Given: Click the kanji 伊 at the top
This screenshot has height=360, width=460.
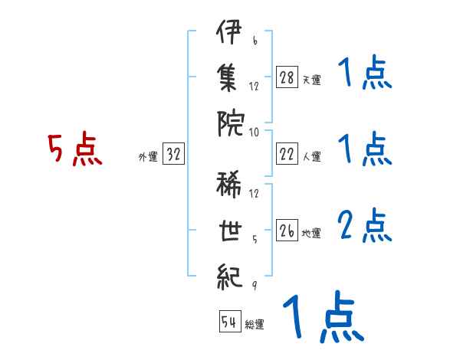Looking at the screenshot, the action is [229, 31].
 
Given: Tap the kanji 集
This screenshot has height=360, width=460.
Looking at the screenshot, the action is [228, 77].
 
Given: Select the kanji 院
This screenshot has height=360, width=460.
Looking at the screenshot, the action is [231, 123].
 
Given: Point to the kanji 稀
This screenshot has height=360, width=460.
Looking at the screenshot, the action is [228, 185].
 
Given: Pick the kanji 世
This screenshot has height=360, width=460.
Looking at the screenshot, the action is [230, 231].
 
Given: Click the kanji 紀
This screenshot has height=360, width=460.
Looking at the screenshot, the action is [230, 277].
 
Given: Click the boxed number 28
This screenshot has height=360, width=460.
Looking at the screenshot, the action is [287, 77].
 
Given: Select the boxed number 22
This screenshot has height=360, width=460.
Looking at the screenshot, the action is [287, 154].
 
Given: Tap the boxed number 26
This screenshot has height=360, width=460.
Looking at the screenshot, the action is [287, 230].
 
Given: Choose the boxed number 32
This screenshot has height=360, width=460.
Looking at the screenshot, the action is [173, 154].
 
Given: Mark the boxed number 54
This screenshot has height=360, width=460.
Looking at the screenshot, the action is [230, 321].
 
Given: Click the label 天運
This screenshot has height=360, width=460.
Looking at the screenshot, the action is [312, 80].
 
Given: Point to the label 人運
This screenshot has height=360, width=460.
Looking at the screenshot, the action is [312, 156].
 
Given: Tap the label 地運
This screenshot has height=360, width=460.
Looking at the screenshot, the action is [311, 233].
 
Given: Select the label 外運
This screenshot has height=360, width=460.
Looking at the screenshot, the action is [148, 156].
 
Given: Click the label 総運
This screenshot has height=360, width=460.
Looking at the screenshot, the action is [255, 324].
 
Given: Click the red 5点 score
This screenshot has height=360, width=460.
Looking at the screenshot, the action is [75, 149].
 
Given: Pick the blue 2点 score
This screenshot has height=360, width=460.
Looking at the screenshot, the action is [365, 225].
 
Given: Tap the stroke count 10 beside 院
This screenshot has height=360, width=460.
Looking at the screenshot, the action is [254, 133].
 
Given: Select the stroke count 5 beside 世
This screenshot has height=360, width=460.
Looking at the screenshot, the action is [255, 240].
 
